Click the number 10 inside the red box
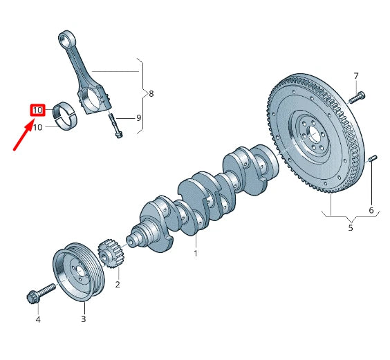(x=37, y=110)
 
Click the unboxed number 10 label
(x=37, y=128)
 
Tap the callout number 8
(x=151, y=94)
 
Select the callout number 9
(x=139, y=118)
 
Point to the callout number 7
(x=356, y=76)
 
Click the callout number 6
(x=371, y=210)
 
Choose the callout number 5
(x=351, y=227)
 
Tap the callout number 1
(x=196, y=254)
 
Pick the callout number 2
(x=118, y=284)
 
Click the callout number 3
(x=84, y=319)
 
